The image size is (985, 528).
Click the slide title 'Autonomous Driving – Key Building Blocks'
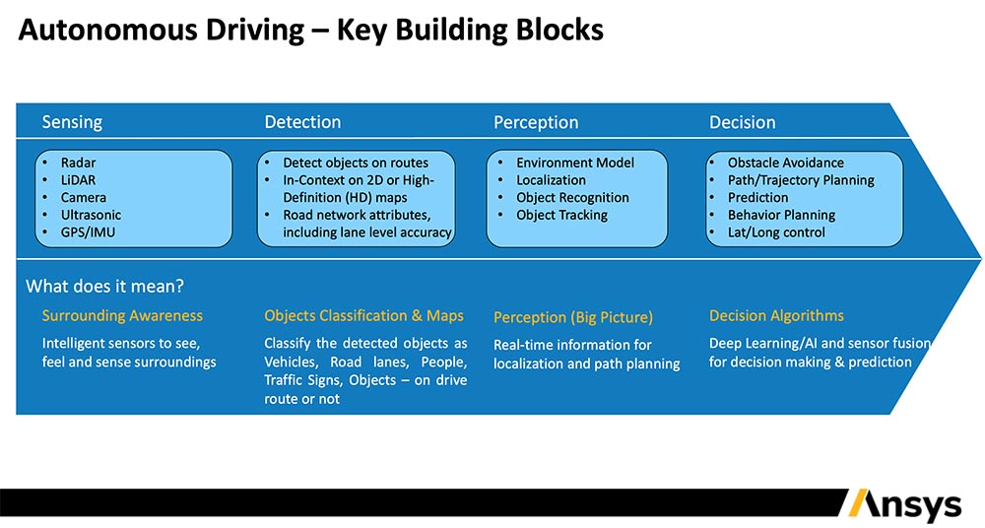[x=310, y=31]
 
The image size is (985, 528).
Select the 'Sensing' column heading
[x=72, y=122]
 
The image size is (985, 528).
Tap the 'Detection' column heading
[x=302, y=122]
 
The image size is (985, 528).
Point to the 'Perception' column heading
[x=536, y=123]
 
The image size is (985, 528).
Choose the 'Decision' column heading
[x=742, y=123]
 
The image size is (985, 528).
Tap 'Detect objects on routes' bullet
[x=355, y=163]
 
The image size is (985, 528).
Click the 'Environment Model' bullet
[x=574, y=163]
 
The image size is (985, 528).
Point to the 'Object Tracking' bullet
[x=561, y=215]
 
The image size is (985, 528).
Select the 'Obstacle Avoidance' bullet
[x=785, y=163]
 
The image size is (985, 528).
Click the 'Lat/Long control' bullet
[x=776, y=232]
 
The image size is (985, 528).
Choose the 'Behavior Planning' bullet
[x=781, y=215]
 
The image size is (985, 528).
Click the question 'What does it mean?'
[x=104, y=287]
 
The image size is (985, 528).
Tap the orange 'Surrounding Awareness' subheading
[x=122, y=316]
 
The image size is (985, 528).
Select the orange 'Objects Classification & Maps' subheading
[x=363, y=316]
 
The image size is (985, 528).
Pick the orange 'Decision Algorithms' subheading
[x=776, y=316]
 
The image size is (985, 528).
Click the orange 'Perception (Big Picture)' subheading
[x=572, y=318]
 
